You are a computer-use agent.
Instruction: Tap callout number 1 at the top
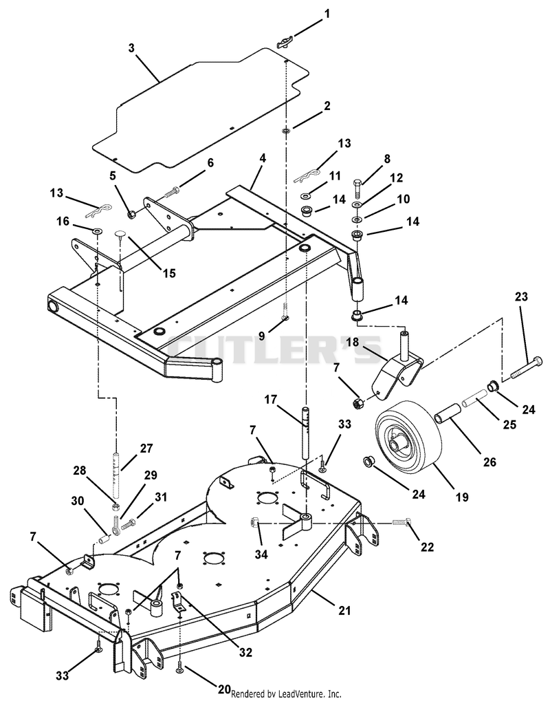point(327,14)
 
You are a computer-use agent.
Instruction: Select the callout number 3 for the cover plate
point(131,48)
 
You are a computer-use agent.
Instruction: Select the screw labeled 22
point(401,521)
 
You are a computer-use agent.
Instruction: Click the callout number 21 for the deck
point(344,610)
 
